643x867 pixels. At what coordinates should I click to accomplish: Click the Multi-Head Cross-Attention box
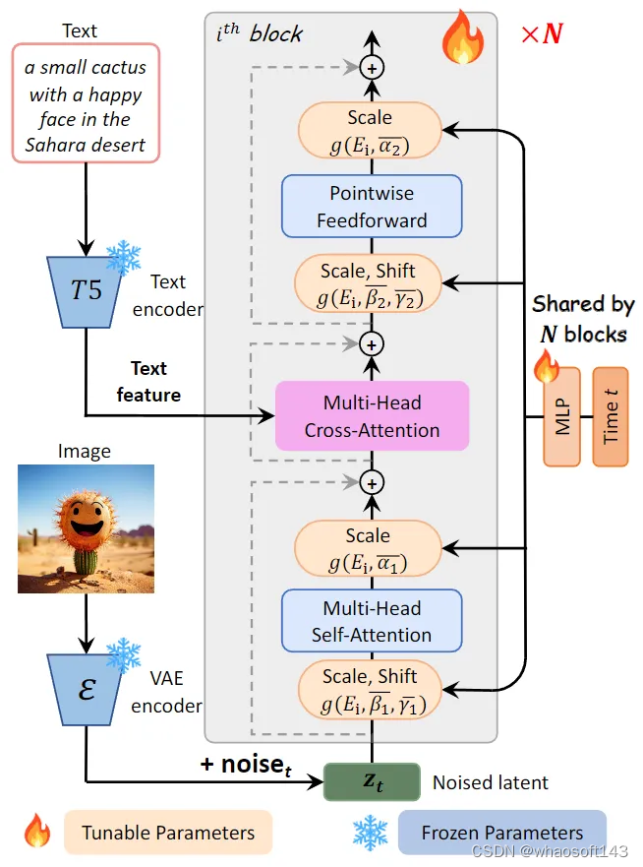tap(372, 415)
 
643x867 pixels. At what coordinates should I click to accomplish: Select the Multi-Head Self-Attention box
tap(372, 621)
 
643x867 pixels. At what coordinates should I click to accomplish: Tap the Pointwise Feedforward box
tap(372, 207)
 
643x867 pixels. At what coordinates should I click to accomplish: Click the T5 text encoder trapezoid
tap(87, 291)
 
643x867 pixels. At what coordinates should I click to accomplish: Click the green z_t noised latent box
tap(372, 782)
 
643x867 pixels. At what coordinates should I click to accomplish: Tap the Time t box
tap(610, 416)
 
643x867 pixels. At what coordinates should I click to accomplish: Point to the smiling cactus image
tap(86, 529)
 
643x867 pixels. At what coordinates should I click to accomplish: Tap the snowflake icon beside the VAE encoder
tap(124, 654)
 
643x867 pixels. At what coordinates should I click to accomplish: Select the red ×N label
tap(542, 35)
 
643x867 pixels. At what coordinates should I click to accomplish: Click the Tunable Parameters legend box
tap(167, 833)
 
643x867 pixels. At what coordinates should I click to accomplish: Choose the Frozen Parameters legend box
tap(501, 833)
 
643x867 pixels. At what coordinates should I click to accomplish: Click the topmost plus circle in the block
tap(372, 68)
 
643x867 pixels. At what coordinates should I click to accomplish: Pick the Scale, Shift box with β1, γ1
tap(370, 689)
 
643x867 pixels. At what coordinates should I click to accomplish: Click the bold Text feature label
tap(148, 381)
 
